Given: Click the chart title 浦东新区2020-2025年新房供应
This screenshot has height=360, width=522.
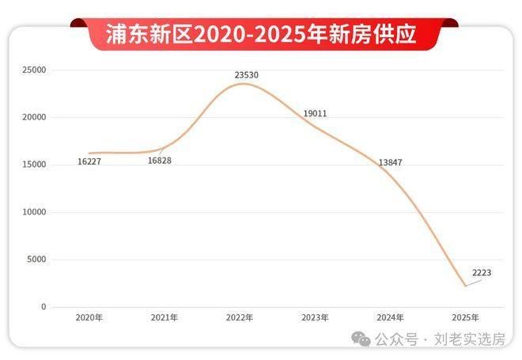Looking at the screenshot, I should [261, 34].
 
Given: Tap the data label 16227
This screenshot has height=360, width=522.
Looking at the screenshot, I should [89, 161].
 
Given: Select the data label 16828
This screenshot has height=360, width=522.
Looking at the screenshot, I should [160, 161].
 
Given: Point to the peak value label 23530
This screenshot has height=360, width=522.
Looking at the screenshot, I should [246, 75].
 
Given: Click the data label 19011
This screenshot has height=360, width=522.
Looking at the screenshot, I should [315, 114].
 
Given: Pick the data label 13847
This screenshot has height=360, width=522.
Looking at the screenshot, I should [391, 162].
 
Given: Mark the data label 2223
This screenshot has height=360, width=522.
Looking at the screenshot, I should [482, 273].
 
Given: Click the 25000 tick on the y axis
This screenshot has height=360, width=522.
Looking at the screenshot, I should [34, 70].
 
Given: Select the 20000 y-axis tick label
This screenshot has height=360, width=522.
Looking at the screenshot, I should [34, 117].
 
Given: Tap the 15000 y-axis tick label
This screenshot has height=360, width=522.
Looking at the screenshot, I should [34, 165].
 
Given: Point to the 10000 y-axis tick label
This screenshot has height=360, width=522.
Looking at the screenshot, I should [34, 212].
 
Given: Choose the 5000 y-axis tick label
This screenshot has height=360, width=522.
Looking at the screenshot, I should [36, 260].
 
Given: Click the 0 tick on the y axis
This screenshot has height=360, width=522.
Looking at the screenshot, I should [43, 307].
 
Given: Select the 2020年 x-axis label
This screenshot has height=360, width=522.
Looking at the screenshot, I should [89, 317].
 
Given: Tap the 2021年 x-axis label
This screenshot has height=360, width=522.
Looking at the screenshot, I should [164, 317].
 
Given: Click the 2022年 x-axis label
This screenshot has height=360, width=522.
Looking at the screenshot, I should [239, 317].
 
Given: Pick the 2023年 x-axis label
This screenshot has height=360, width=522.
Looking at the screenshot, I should [315, 317].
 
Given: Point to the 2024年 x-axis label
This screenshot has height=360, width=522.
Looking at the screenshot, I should [390, 317].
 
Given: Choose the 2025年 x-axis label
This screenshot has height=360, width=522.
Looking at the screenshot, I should [465, 317].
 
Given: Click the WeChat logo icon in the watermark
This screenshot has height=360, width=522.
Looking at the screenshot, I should [361, 339].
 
